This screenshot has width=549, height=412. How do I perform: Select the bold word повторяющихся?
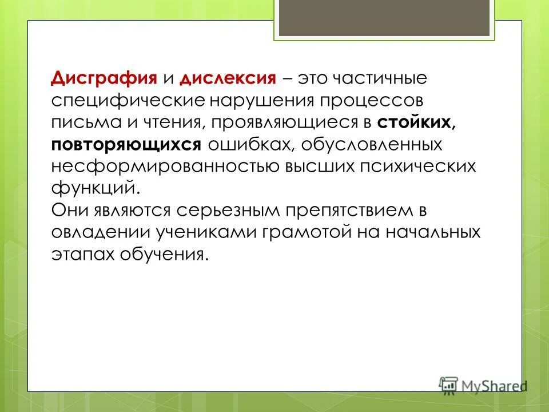point(126,144)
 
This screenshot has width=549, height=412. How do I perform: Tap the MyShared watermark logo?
point(483,384)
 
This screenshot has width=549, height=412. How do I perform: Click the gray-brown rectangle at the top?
point(384,17)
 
